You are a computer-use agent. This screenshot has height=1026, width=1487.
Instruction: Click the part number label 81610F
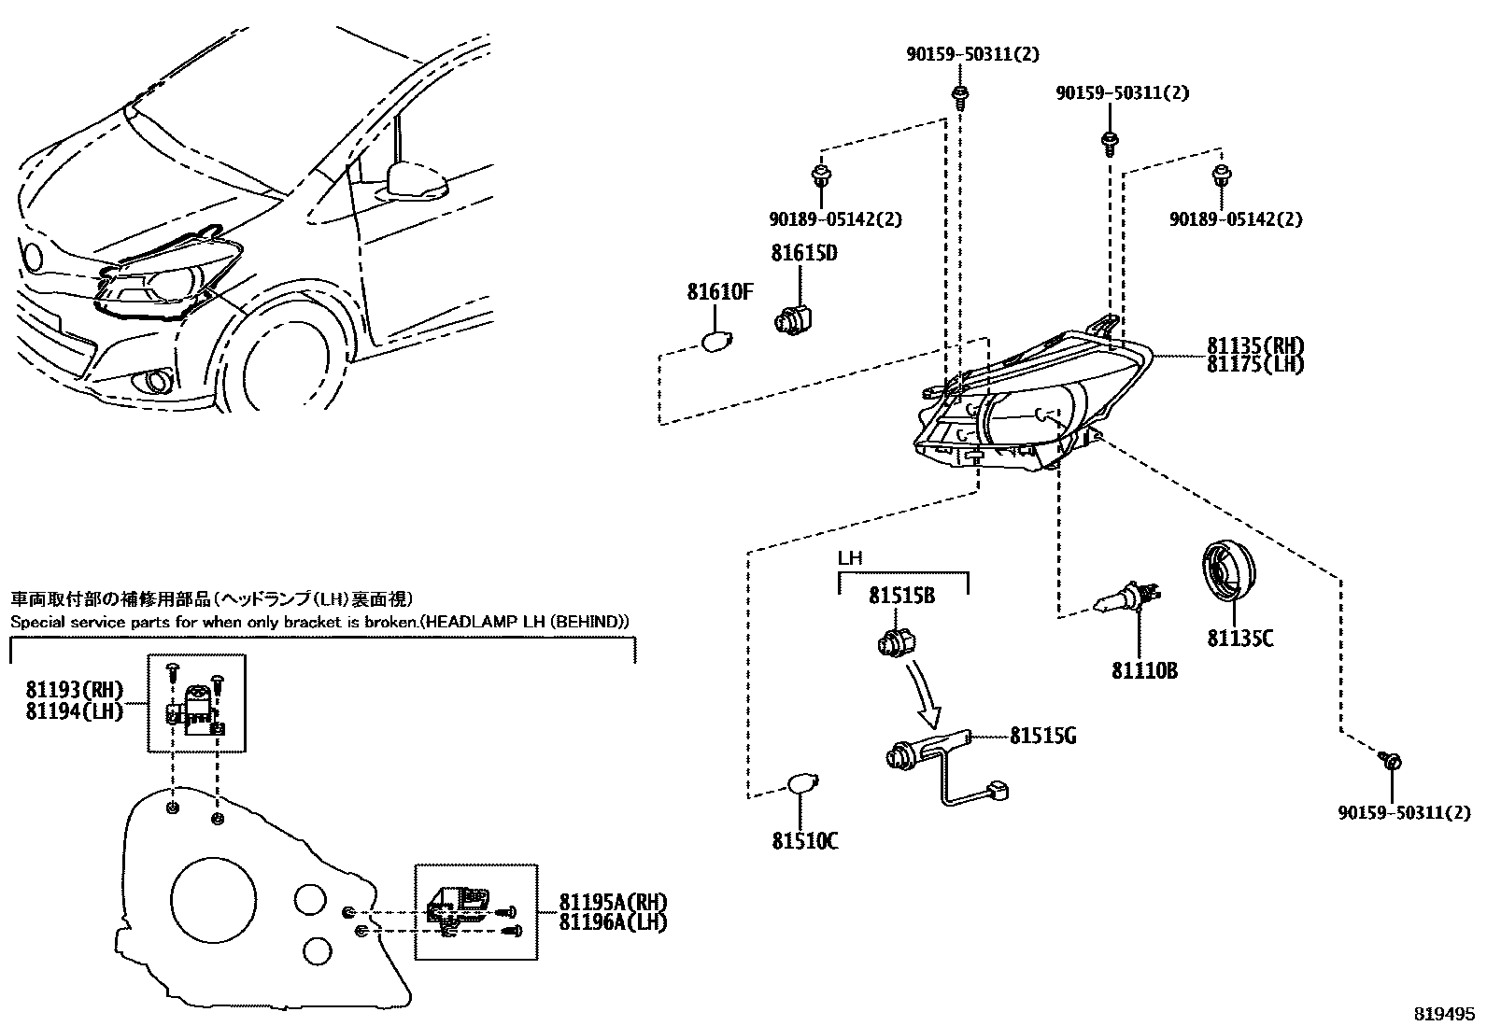pyautogui.click(x=719, y=292)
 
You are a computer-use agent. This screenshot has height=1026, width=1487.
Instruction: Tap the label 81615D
pyautogui.click(x=803, y=253)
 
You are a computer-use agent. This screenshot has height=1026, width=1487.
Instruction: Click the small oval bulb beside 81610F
pyautogui.click(x=718, y=342)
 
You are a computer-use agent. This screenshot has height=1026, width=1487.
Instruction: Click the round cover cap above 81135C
pyautogui.click(x=1227, y=569)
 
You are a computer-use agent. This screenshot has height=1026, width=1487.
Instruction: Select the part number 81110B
pyautogui.click(x=1144, y=671)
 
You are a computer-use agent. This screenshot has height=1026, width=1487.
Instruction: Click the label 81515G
pyautogui.click(x=1042, y=737)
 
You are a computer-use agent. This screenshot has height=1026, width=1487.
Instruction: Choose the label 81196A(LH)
pyautogui.click(x=613, y=922)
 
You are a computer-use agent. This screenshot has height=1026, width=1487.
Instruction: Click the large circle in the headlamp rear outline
pyautogui.click(x=213, y=900)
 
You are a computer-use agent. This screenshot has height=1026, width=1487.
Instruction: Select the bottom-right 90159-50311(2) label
pyautogui.click(x=1403, y=813)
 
